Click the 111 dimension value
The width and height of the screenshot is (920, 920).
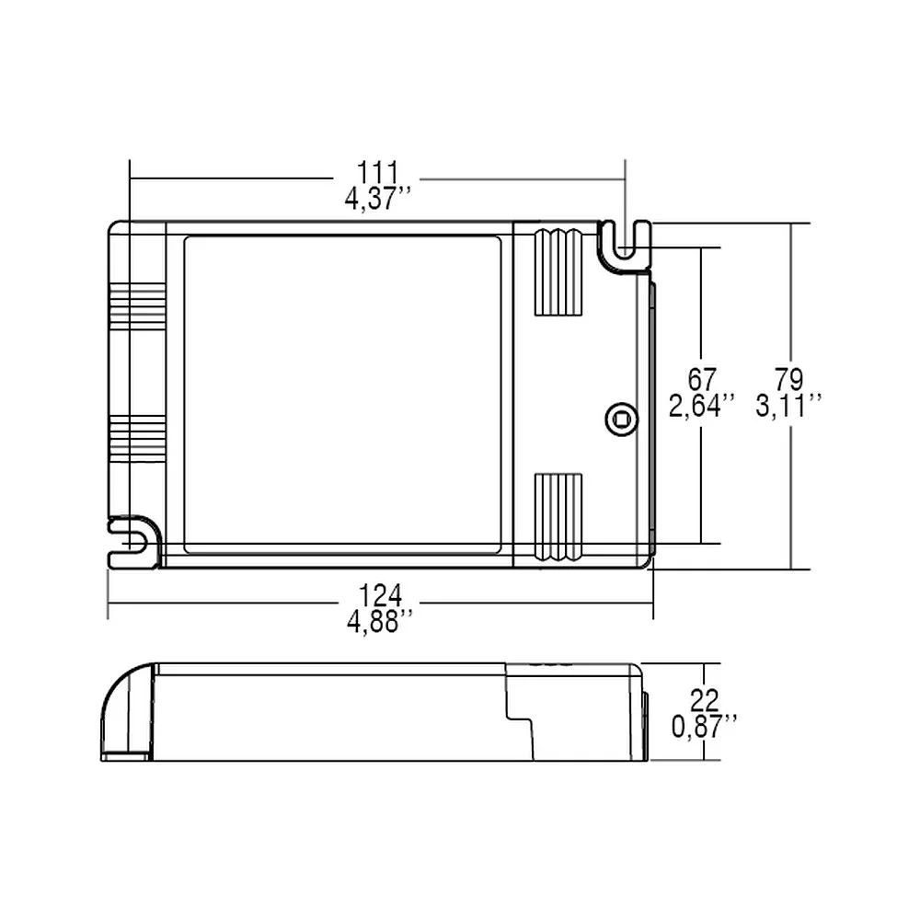[x=377, y=173]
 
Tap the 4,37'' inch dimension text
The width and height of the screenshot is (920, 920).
[x=377, y=199]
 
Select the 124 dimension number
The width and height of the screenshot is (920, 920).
[x=380, y=596]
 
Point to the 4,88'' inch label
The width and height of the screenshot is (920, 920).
[x=380, y=621]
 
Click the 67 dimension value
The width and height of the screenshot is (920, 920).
[x=702, y=380]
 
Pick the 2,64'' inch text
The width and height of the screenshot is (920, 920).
[x=702, y=406]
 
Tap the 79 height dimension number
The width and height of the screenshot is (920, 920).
[x=788, y=380]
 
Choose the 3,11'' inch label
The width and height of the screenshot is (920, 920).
[x=788, y=406]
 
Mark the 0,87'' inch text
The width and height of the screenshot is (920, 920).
[x=704, y=727]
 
